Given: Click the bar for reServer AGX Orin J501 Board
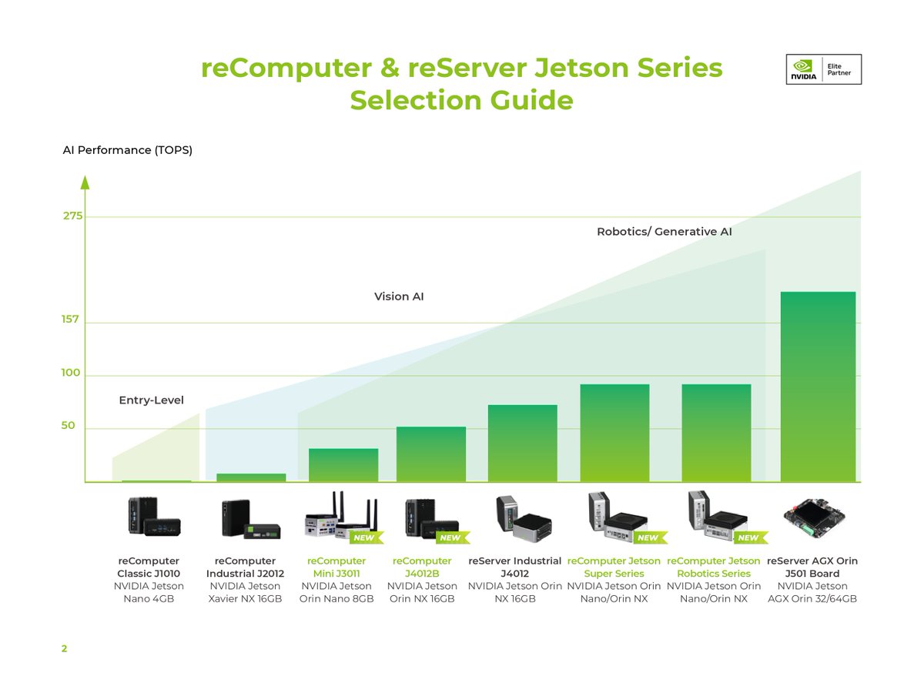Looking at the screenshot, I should click(819, 387).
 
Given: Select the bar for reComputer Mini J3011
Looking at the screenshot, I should click(343, 465).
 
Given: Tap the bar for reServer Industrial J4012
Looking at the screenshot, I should click(523, 444).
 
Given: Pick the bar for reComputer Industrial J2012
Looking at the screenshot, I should click(251, 477).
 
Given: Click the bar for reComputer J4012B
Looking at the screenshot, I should click(431, 454).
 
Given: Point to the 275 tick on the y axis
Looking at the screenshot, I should click(73, 216).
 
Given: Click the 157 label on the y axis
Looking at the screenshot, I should click(71, 319).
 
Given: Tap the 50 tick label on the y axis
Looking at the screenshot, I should click(69, 425).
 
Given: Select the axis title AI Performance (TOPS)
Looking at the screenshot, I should click(128, 150).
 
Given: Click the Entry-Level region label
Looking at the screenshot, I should click(151, 400).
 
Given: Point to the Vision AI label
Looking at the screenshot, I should click(399, 296).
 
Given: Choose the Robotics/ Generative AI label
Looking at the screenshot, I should click(664, 232).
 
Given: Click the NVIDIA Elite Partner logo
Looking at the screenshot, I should click(823, 69).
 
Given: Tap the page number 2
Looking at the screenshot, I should click(65, 649).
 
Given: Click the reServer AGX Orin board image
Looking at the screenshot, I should click(814, 517).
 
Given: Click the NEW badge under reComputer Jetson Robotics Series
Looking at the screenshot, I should click(747, 537).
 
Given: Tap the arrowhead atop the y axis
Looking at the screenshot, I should click(85, 182).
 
